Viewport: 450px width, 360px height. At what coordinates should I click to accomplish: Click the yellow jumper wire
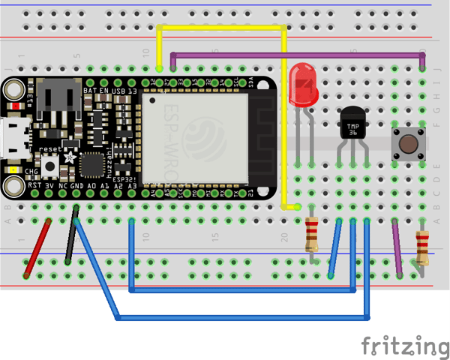click(x=222, y=28)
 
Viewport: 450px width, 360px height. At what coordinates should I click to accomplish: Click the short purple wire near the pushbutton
click(x=397, y=247)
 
